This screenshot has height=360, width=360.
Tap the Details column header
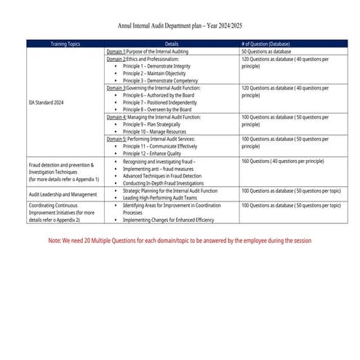(172, 44)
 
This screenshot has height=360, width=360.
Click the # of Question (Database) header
(267, 44)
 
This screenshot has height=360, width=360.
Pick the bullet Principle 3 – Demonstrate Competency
(161, 80)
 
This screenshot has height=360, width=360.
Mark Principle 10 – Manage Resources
(156, 131)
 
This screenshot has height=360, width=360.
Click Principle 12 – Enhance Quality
(153, 153)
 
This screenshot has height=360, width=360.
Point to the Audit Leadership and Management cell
(63, 194)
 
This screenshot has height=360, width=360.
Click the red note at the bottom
(180, 240)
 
